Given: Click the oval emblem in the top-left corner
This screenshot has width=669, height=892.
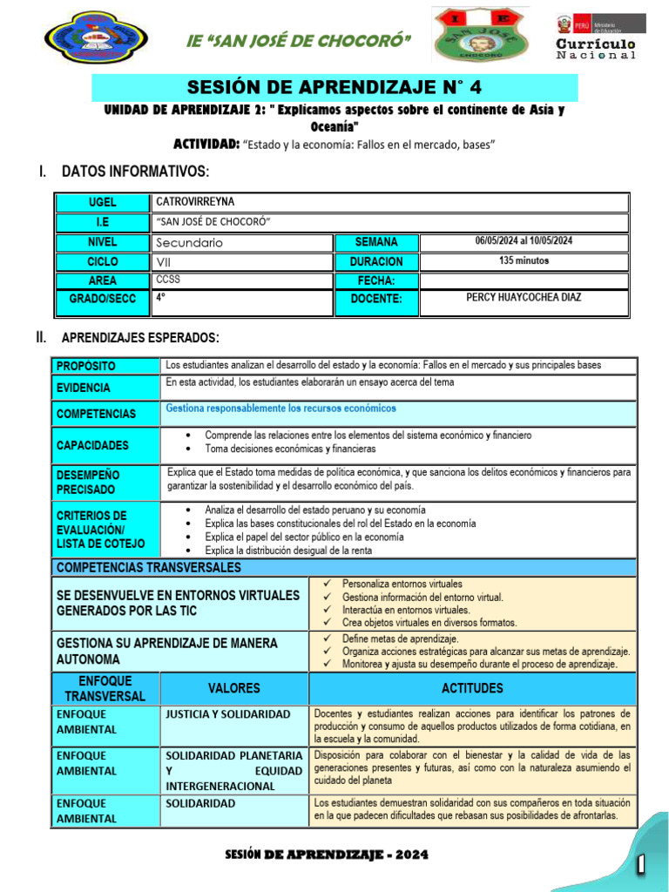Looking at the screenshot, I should tap(95, 37).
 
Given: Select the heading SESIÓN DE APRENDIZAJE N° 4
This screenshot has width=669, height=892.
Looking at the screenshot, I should tap(334, 87).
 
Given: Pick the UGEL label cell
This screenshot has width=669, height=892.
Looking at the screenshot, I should tap(102, 202).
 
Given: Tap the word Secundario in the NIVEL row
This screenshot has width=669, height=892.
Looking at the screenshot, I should tap(189, 242).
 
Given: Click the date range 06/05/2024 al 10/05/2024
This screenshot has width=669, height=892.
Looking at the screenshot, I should tap(524, 241).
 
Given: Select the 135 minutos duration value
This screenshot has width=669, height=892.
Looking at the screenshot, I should tap(524, 260).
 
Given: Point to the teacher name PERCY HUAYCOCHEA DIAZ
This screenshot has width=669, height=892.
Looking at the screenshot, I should tap(524, 298).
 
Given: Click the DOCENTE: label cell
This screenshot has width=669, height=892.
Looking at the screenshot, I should tap(376, 299).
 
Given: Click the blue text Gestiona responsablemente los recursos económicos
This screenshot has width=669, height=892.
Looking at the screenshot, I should tap(280, 408).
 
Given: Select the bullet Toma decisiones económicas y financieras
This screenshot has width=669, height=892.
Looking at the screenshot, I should tap(290, 449).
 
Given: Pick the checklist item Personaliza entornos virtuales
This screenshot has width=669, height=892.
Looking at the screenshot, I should tap(402, 584).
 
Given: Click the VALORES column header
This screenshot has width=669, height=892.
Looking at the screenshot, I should tap(233, 688).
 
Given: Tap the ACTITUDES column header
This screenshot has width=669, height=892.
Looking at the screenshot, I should tap(472, 688).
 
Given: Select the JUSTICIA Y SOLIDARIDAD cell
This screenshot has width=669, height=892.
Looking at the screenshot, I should tap(228, 714).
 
